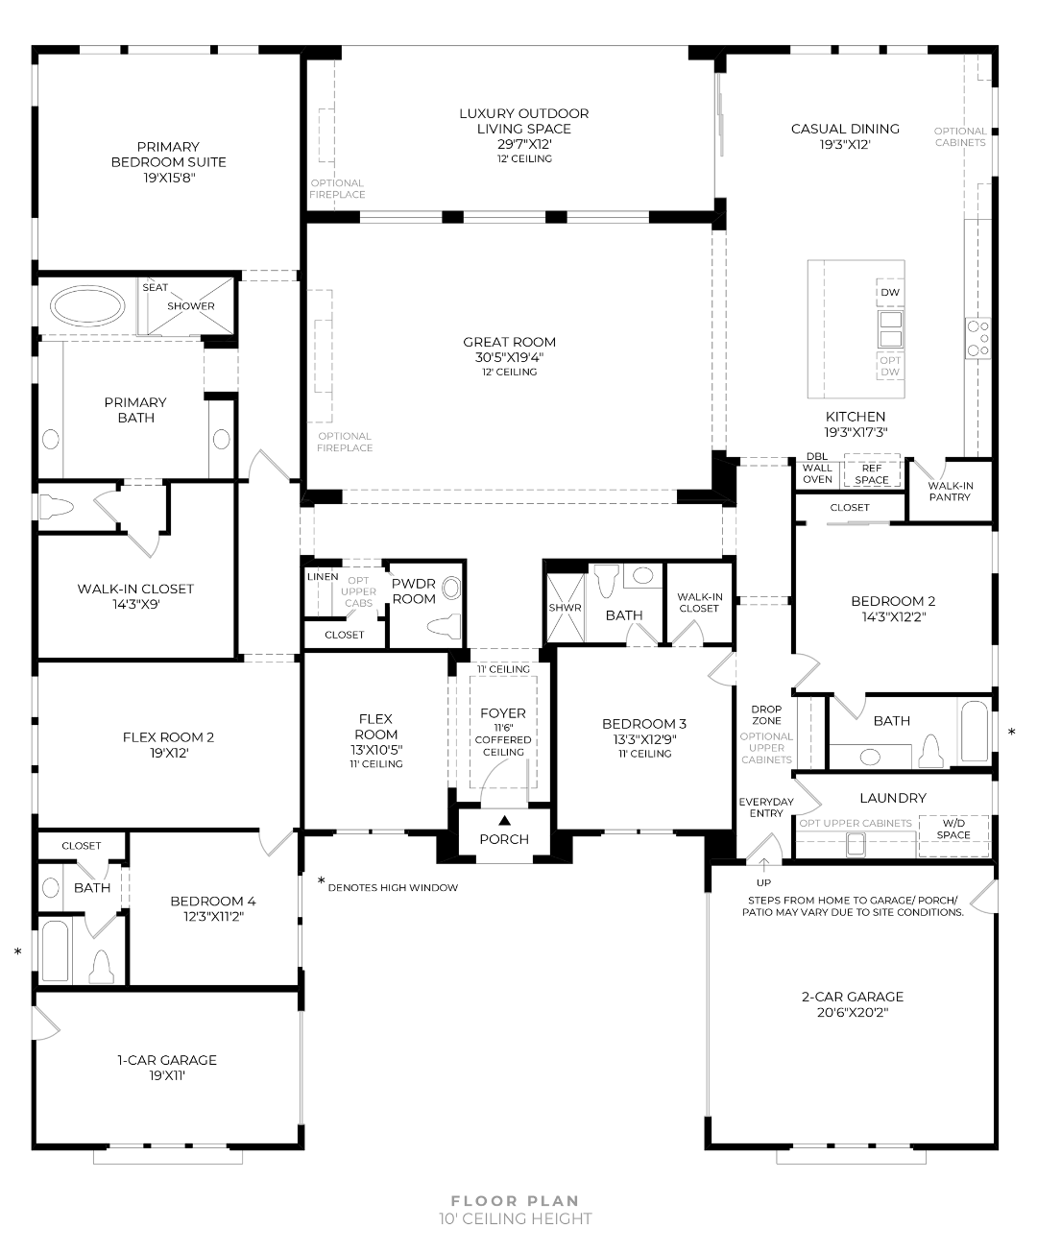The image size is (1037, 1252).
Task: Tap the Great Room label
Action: coord(509,342)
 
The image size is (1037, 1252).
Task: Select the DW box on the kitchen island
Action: coord(890,292)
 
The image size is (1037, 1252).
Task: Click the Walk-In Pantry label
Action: coord(950,492)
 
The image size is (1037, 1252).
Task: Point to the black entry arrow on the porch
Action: coord(504,820)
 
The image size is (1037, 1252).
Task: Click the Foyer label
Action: coord(503,713)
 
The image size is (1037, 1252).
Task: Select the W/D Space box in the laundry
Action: coord(953,829)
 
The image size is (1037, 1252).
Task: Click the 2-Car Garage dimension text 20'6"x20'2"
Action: coord(853,1012)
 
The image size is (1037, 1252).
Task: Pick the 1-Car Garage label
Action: coord(167,1060)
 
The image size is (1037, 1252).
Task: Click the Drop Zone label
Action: coord(766,715)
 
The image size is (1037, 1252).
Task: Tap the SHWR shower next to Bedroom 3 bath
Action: coord(565,608)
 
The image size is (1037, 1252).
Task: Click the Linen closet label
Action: coord(323,576)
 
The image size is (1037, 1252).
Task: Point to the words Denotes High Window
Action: coord(393,888)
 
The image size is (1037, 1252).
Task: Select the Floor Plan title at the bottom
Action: coord(516,1200)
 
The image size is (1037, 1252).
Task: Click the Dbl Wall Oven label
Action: coord(817,468)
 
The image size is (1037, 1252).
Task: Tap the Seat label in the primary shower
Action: coord(155,287)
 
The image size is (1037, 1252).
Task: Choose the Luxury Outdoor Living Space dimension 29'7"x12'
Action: coord(523,144)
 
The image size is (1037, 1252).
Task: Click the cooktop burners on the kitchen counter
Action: coord(977,339)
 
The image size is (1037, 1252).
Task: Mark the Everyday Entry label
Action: coord(766,807)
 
